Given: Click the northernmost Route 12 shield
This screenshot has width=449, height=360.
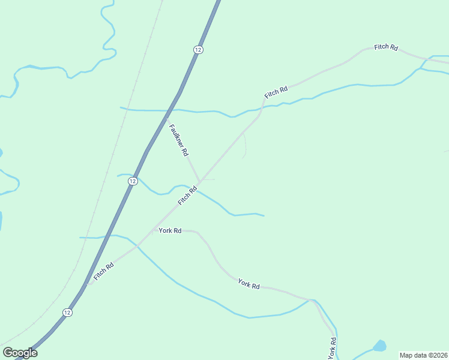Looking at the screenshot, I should pyautogui.click(x=197, y=49).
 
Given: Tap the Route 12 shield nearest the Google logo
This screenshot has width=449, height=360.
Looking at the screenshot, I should pyautogui.click(x=67, y=313).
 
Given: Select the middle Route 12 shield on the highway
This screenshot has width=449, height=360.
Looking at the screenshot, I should pyautogui.click(x=133, y=181).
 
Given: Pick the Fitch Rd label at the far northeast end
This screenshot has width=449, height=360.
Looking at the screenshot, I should pyautogui.click(x=386, y=47).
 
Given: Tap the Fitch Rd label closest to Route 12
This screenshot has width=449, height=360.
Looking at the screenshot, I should pyautogui.click(x=103, y=270).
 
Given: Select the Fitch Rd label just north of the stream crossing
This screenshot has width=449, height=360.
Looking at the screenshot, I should pyautogui.click(x=276, y=92).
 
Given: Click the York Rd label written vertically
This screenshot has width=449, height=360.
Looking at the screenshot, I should pyautogui.click(x=331, y=348).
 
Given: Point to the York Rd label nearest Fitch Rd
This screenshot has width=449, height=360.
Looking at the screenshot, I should pyautogui.click(x=170, y=230).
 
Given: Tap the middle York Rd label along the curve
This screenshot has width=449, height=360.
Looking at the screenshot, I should pyautogui.click(x=249, y=284).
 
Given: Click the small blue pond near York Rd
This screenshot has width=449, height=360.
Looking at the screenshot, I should pyautogui.click(x=379, y=346).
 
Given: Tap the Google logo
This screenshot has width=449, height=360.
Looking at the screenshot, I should pyautogui.click(x=20, y=353).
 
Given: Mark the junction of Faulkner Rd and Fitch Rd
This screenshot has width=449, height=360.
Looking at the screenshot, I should pyautogui.click(x=199, y=182).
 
